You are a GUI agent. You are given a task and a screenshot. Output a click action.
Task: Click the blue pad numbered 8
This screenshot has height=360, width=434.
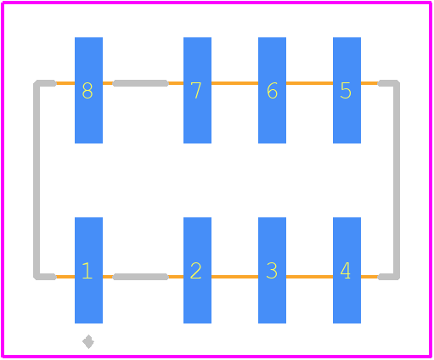pos(88,90)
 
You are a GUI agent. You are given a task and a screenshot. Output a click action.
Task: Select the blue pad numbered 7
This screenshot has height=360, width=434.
pos(197,90)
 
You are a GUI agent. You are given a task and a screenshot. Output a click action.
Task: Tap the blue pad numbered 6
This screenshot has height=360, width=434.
pos(272,90)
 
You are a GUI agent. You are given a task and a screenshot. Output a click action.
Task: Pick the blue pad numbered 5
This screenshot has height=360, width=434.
pos(347,90)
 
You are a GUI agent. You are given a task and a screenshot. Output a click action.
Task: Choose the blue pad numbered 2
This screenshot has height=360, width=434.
pos(197,270)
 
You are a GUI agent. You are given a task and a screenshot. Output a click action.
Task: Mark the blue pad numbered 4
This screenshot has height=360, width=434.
pos(347,270)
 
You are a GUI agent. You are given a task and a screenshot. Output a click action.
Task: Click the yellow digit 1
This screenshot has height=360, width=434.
pos(87,271)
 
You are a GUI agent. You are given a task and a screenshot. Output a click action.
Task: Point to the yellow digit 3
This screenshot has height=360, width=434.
pos(272,271)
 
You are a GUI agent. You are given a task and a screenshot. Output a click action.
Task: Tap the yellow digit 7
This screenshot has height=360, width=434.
pos(196,91)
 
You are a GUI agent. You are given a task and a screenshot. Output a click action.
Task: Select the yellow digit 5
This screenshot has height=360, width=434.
pos(346,91)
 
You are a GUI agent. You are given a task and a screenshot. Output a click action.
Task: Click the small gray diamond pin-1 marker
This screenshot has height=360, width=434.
pos(88,342)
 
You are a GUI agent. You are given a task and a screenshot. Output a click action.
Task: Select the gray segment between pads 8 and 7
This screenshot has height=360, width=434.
pos(141,83)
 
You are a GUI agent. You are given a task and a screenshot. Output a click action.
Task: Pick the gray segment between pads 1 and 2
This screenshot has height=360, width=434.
pos(141,277)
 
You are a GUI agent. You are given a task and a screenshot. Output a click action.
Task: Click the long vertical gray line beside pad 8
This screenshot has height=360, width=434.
pos(37,180)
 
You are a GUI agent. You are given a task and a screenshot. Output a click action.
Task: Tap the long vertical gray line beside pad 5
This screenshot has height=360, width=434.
pos(397,180)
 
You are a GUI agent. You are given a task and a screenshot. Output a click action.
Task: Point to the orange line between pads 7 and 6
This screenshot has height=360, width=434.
pos(234,83)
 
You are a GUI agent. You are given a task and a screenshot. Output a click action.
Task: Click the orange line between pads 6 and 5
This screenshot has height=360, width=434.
pos(309,83)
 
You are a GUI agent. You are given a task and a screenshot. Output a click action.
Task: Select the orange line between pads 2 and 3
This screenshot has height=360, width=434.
pos(234,277)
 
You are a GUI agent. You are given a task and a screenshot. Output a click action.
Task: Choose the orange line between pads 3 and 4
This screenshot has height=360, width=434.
pos(309,277)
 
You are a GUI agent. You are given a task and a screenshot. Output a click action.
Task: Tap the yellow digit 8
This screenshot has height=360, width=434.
pos(87,91)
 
